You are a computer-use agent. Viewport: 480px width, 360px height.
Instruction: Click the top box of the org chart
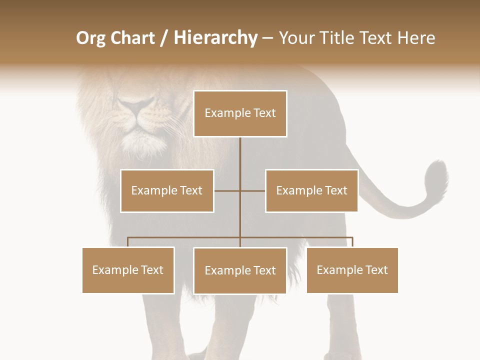tap(240, 113)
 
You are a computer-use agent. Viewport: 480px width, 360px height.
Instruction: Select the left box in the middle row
tap(167, 190)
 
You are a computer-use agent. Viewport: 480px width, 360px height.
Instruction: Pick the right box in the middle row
tap(311, 190)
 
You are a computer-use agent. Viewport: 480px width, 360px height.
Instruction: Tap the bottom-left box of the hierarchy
tap(128, 270)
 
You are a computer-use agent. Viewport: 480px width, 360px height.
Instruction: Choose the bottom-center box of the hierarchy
tap(240, 270)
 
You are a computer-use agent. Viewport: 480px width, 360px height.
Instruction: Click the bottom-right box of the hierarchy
tap(352, 270)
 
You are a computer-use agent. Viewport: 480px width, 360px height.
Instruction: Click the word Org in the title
tap(90, 38)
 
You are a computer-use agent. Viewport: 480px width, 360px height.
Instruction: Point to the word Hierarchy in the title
tap(215, 38)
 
